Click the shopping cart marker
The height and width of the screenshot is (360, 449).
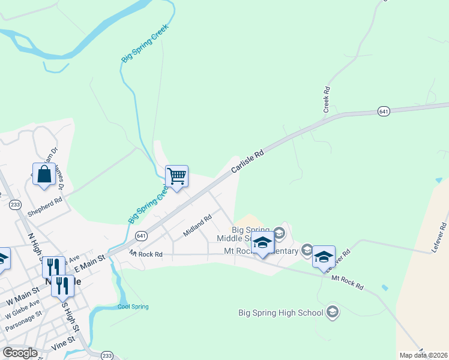coord(177,177)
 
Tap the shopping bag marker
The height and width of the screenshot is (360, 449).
coord(44,175)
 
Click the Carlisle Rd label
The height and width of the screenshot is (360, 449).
coord(248,163)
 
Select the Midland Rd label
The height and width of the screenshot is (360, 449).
coord(198,226)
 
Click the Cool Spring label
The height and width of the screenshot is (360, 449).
coord(133,307)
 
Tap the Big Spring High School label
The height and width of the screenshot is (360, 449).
coord(281,312)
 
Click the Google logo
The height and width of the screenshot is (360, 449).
coord(20,352)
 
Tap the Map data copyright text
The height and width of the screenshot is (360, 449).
coord(424,355)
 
